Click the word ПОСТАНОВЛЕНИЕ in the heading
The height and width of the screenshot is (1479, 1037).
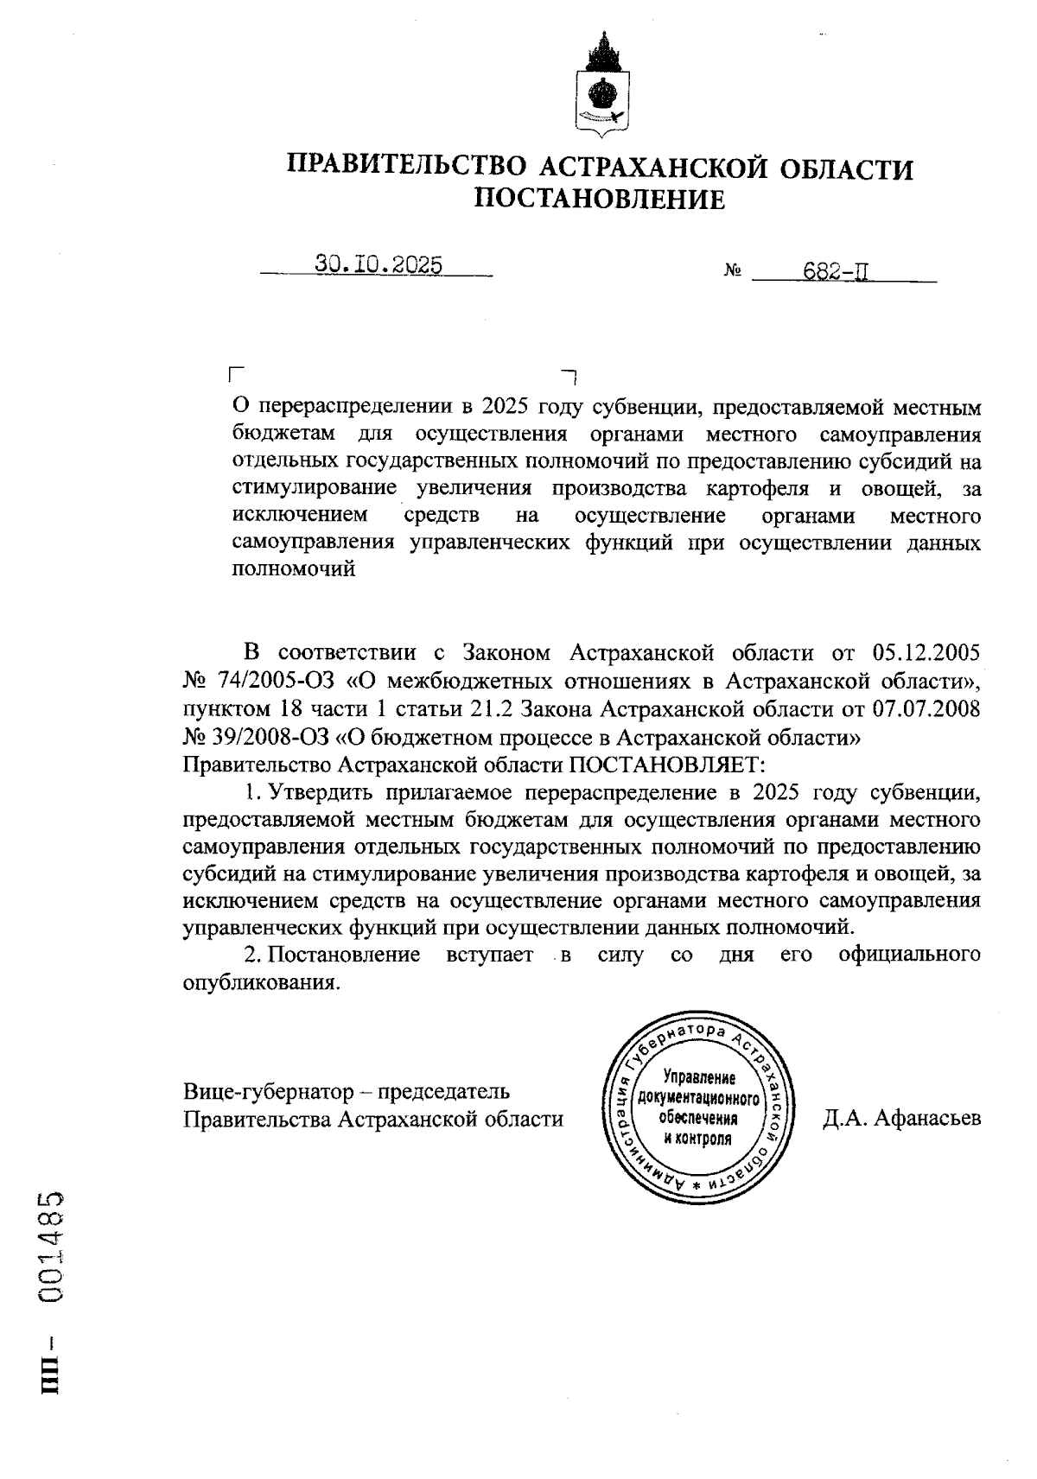tap(601, 200)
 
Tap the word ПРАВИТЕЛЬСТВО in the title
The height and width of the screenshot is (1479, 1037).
tap(406, 167)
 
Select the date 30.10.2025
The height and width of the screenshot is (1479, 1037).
tap(379, 265)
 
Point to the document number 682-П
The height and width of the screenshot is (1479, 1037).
tap(836, 272)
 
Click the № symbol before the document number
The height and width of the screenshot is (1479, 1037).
tap(734, 273)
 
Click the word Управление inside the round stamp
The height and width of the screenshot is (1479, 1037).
tap(697, 1078)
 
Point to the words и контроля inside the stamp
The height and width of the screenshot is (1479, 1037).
tap(697, 1139)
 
